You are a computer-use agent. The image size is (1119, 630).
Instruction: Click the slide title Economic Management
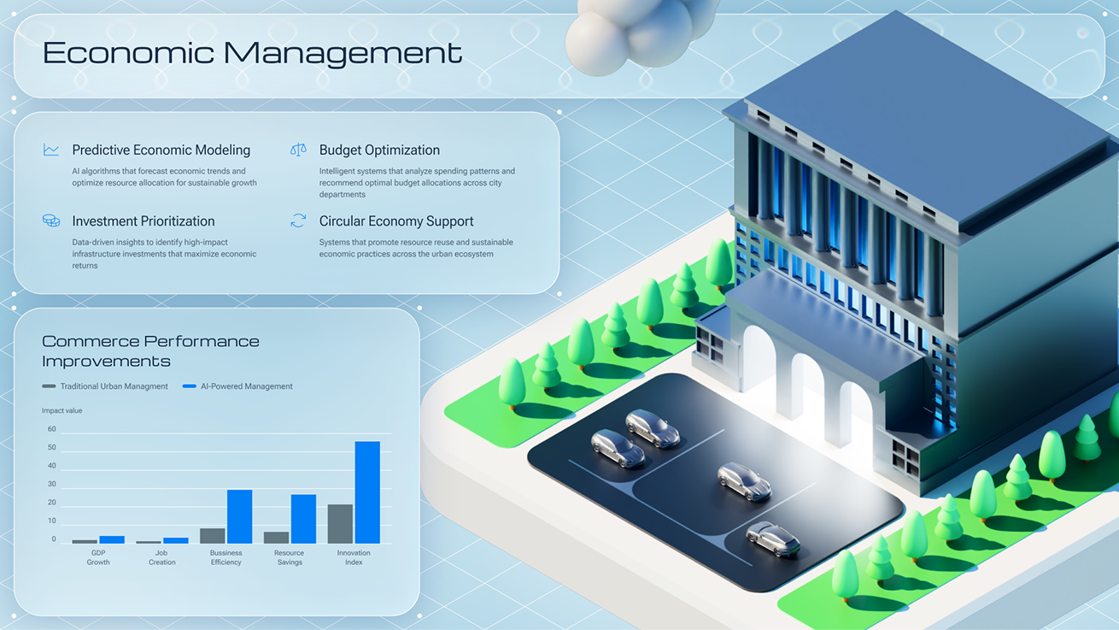(x=252, y=53)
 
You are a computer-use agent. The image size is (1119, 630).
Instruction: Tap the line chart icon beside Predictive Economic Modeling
(x=51, y=150)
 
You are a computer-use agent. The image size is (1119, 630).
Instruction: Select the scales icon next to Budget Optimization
(x=298, y=150)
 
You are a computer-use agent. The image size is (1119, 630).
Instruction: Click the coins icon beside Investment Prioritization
(x=51, y=221)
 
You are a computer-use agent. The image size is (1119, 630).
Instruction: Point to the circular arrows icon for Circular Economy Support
(x=298, y=221)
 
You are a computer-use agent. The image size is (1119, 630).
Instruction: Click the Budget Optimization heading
(x=379, y=150)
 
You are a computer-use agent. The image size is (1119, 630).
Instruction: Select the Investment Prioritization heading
(x=144, y=221)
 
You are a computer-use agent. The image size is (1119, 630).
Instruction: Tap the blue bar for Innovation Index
(x=367, y=492)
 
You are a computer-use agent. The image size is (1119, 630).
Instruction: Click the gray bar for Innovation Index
(x=340, y=524)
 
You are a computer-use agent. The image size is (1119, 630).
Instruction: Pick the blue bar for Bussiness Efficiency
(x=240, y=516)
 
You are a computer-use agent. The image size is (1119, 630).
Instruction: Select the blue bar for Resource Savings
(x=304, y=519)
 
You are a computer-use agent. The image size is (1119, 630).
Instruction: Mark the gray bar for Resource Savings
(x=276, y=538)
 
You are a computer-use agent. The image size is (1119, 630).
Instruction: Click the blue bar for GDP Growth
(x=112, y=539)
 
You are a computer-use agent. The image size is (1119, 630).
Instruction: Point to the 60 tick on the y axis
(x=52, y=429)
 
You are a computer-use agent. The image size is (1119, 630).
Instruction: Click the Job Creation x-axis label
(x=161, y=557)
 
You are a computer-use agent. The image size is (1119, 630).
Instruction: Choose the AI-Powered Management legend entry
(x=237, y=386)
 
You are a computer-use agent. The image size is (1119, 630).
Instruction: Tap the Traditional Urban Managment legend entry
(x=105, y=386)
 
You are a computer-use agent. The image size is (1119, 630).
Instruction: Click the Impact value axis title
(x=62, y=410)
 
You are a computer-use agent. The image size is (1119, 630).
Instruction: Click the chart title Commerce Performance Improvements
(x=150, y=351)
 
